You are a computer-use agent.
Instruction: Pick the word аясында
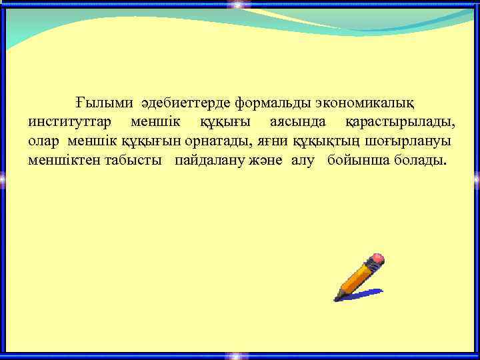[299, 123]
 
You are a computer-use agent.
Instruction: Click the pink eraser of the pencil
[377, 258]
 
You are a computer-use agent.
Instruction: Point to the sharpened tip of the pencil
[338, 297]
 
